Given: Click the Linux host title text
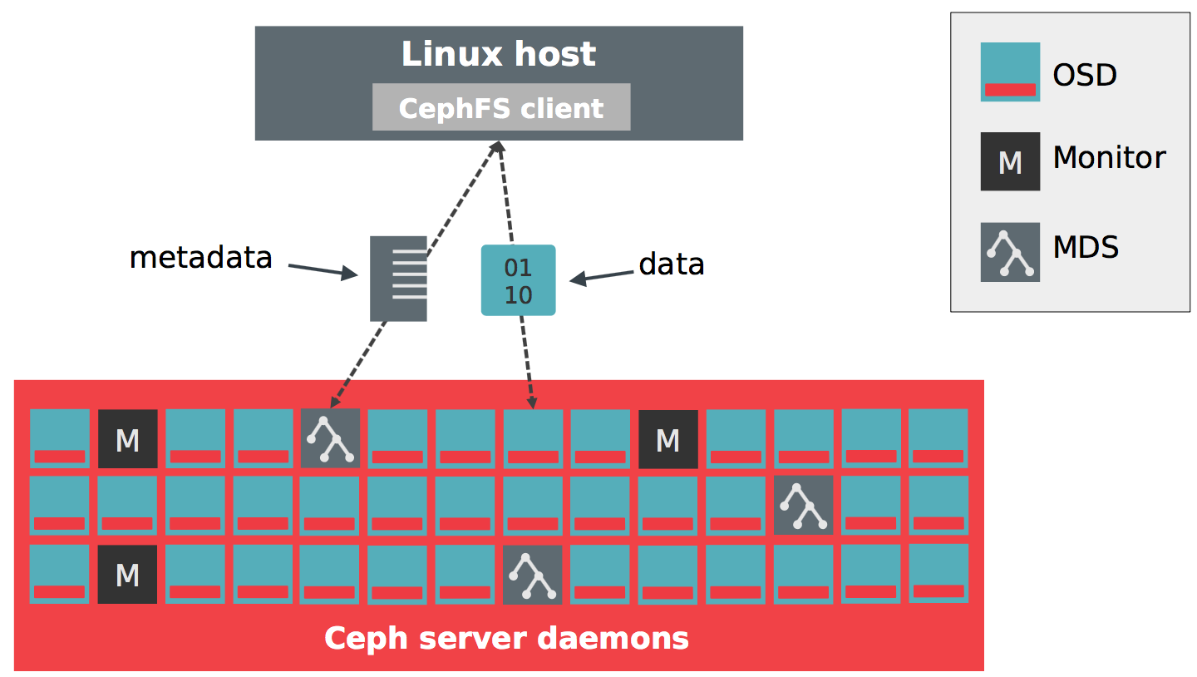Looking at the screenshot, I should coord(499,55).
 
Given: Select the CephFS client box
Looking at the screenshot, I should coord(501,107).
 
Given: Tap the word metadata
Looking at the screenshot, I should coord(201,258).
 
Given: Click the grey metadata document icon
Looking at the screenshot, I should coord(398,279).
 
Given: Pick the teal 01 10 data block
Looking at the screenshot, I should coord(518,280).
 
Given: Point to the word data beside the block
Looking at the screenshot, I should coord(672,264).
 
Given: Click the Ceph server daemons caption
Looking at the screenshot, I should coord(506,639).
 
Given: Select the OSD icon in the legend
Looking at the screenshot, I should coord(1010,72).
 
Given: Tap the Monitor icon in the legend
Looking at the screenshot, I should coord(1010,161).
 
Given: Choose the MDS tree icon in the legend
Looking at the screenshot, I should coord(1010,252).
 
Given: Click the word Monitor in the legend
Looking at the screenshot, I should coord(1109,157).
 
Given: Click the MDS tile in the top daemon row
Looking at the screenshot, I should coord(331,437).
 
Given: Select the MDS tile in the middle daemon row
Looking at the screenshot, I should coord(803,505).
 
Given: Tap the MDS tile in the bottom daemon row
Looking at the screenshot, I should coord(533,575).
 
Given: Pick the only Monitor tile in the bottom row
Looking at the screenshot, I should coord(127,575).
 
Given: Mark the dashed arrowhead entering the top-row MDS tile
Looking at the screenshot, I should coord(334,403).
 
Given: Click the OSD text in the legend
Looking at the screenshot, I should coord(1084,75).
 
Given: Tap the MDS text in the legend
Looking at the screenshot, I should coord(1086,247).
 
